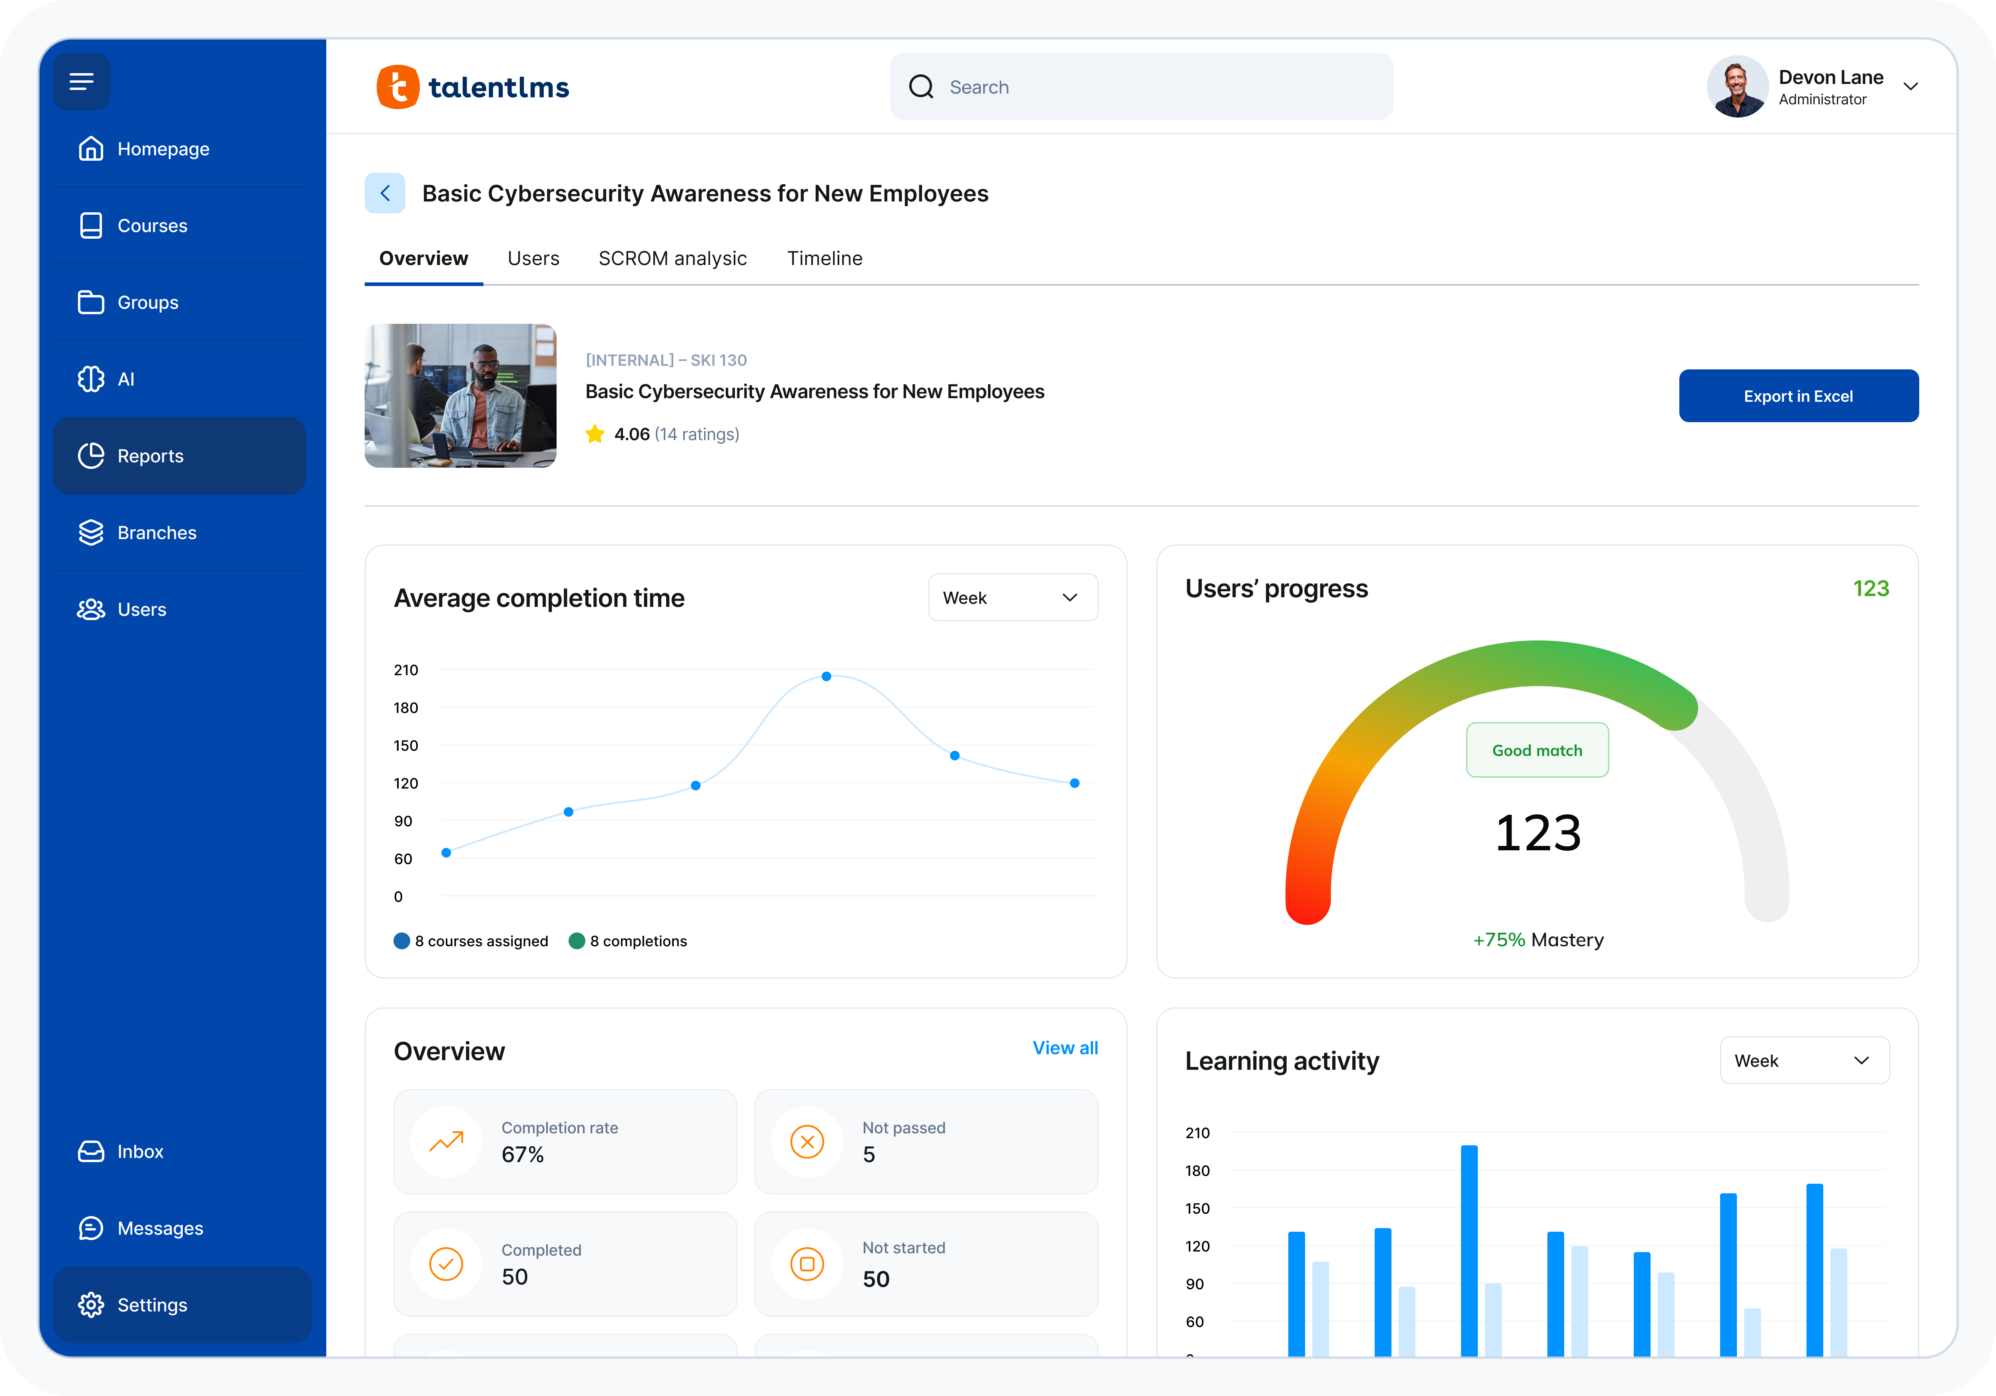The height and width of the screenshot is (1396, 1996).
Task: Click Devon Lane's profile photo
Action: coord(1736,87)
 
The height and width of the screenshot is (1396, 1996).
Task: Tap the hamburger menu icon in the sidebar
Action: coord(82,82)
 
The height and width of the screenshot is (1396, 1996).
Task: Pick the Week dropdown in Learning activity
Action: coord(1804,1061)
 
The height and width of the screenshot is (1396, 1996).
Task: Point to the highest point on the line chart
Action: coord(826,676)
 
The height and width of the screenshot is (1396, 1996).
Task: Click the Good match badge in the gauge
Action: coord(1536,750)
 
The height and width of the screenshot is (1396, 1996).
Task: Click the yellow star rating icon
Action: coord(595,434)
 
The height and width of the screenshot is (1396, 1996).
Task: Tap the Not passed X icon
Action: coord(807,1141)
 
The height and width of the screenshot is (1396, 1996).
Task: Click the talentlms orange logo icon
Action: coord(397,87)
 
